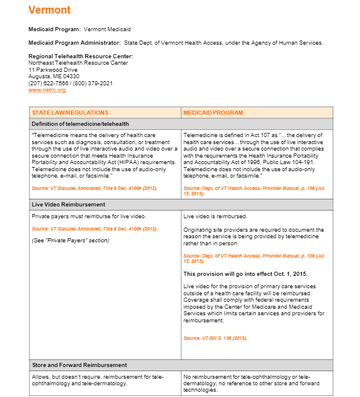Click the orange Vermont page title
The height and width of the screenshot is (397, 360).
point(49,10)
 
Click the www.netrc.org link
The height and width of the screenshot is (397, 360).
point(47,90)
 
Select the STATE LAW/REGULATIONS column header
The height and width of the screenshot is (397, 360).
point(70,112)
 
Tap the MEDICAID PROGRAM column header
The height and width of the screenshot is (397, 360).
point(213,112)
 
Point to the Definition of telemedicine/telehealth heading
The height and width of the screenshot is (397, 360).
point(80,124)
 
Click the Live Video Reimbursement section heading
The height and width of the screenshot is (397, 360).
point(68,204)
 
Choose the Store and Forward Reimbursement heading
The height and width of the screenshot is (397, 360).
point(79,365)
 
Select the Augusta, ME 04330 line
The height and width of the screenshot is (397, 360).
point(54,76)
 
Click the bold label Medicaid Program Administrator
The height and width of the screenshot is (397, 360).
point(74,42)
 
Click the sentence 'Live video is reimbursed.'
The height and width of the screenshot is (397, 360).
point(215,216)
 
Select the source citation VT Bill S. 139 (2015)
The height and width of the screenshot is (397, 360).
point(215,338)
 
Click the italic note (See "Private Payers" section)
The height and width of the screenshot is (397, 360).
point(70,240)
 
